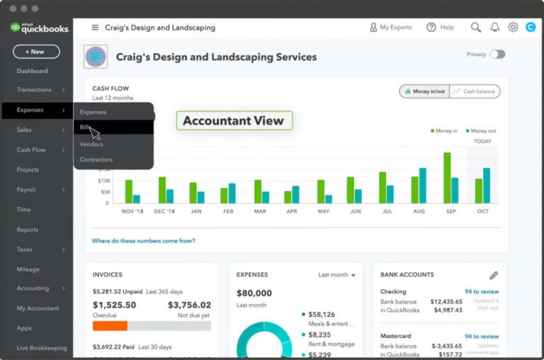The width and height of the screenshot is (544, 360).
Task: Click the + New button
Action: pyautogui.click(x=36, y=52)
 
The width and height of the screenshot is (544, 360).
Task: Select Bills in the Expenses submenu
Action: pyautogui.click(x=86, y=128)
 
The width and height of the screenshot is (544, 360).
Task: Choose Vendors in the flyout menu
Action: pyautogui.click(x=91, y=144)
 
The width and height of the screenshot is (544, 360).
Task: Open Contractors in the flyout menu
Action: pyautogui.click(x=96, y=159)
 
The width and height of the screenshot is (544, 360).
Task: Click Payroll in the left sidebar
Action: pyautogui.click(x=26, y=190)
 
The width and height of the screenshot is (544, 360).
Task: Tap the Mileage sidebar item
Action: pyautogui.click(x=28, y=269)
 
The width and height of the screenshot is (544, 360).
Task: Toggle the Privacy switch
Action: pyautogui.click(x=497, y=55)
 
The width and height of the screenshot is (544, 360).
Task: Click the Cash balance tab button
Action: pyautogui.click(x=475, y=91)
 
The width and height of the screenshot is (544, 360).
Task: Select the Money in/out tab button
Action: pyautogui.click(x=424, y=91)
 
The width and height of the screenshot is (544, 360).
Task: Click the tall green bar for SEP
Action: pyautogui.click(x=447, y=178)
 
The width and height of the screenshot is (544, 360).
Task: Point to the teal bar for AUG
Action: pyautogui.click(x=422, y=186)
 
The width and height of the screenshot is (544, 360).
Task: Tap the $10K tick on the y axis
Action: pyautogui.click(x=104, y=181)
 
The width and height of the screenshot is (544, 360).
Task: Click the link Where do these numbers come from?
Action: pyautogui.click(x=143, y=241)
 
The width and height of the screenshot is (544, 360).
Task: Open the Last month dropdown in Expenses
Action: pyautogui.click(x=336, y=275)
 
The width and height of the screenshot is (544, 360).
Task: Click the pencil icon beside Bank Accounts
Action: pyautogui.click(x=494, y=275)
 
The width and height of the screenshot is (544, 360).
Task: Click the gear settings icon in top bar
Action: pyautogui.click(x=513, y=28)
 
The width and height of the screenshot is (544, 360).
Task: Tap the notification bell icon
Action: pyautogui.click(x=494, y=28)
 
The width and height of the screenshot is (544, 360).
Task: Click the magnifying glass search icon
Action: pyautogui.click(x=476, y=28)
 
